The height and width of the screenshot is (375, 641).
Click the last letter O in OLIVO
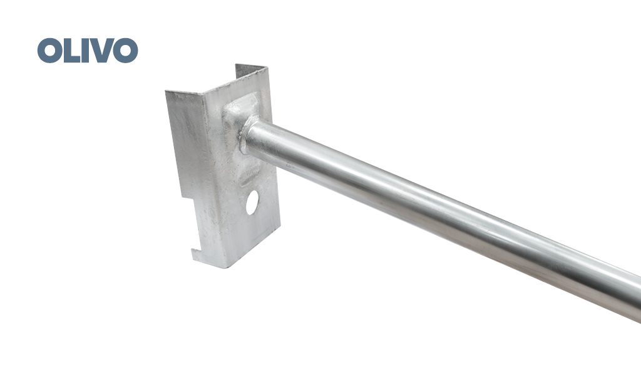pyautogui.click(x=125, y=51)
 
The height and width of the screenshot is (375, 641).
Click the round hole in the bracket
pyautogui.click(x=252, y=202)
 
